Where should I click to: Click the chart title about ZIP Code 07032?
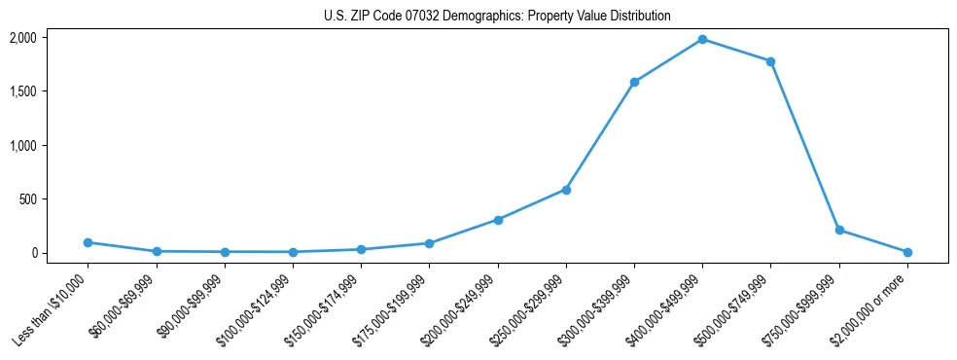click(497, 17)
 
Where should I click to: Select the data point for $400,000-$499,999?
click(702, 39)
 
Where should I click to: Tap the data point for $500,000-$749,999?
click(770, 61)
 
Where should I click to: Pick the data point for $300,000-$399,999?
click(634, 82)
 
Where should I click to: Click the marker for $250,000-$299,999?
click(566, 190)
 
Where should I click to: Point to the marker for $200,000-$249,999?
click(498, 220)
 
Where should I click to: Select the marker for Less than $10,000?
click(88, 242)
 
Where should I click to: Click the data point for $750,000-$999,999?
click(839, 231)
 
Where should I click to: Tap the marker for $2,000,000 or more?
click(907, 252)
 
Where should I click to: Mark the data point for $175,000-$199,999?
click(429, 243)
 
